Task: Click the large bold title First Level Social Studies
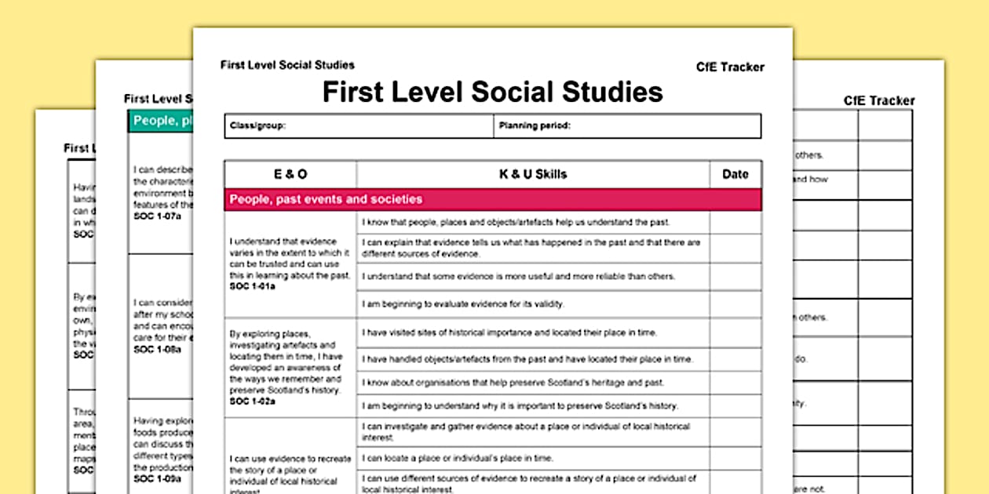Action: click(x=492, y=92)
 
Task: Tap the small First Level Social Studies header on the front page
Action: click(x=287, y=65)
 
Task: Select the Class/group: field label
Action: click(x=257, y=125)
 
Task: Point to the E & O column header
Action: click(x=290, y=174)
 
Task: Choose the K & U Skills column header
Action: click(x=533, y=174)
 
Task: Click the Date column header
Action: click(x=735, y=174)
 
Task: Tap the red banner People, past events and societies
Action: click(x=326, y=199)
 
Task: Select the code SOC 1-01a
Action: click(x=253, y=286)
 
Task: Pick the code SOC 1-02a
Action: click(x=253, y=401)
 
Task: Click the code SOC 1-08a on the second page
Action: click(x=157, y=349)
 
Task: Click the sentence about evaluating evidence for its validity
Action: click(x=463, y=303)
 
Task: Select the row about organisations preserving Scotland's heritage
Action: click(x=513, y=383)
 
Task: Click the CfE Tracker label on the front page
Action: click(x=730, y=67)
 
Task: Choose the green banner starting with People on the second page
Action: click(x=162, y=121)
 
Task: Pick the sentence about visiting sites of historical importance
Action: click(x=509, y=332)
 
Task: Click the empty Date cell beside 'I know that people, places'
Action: click(x=735, y=223)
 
